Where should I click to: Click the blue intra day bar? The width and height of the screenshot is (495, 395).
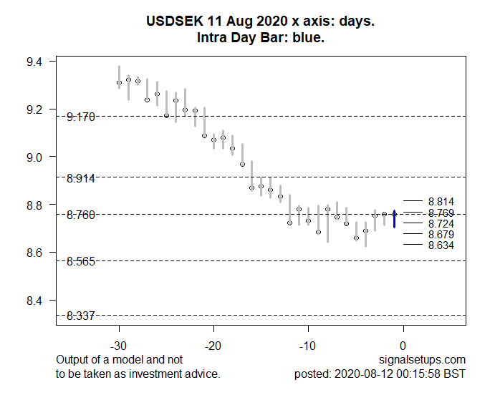(394, 219)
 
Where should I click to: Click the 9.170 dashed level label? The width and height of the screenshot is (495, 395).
(81, 116)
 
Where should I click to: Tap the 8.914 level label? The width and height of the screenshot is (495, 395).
(81, 177)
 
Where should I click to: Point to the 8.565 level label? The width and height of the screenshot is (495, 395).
(81, 261)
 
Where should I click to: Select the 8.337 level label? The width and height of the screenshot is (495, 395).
(81, 316)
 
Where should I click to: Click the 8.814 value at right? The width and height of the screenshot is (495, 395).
(441, 202)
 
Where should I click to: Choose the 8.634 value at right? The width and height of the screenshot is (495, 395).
(441, 245)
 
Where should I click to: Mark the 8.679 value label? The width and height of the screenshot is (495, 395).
(441, 235)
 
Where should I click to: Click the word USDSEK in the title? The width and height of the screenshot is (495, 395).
(172, 23)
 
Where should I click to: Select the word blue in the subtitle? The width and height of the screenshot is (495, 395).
(309, 37)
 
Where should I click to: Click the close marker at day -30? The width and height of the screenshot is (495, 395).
(119, 83)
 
